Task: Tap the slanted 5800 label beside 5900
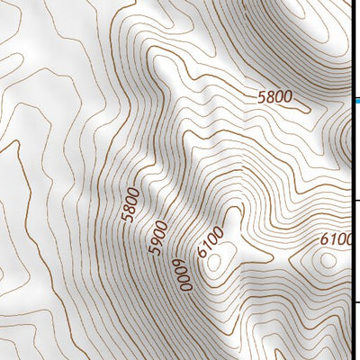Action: pos(131,204)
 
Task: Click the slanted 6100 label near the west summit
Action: pos(211,242)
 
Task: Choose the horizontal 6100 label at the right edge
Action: pos(338,239)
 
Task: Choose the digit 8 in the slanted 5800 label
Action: pos(130,209)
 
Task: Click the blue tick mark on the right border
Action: pos(355,101)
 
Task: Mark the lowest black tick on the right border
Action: pos(356,302)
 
